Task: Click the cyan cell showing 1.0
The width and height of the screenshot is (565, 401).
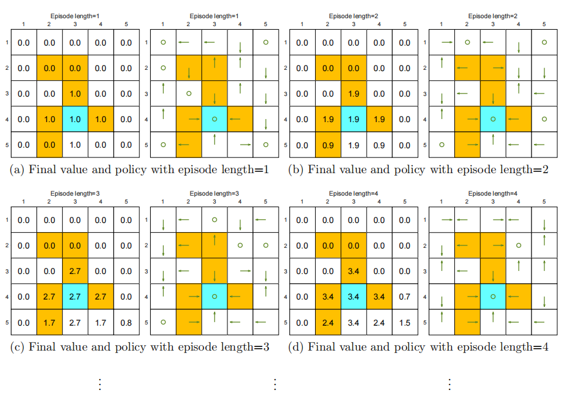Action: pyautogui.click(x=75, y=120)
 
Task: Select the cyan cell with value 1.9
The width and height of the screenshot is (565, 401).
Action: pyautogui.click(x=353, y=120)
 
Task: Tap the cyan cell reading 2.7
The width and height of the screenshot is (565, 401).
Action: pyautogui.click(x=75, y=297)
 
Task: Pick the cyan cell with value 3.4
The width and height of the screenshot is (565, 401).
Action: pyautogui.click(x=353, y=297)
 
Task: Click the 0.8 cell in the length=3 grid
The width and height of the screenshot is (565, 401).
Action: pyautogui.click(x=126, y=323)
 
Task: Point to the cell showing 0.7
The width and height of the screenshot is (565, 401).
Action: pyautogui.click(x=404, y=297)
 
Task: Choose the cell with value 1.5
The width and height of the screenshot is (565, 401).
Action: pyautogui.click(x=404, y=323)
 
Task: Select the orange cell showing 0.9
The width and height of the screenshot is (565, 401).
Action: pyautogui.click(x=328, y=145)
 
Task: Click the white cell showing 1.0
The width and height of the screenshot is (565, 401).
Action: pyautogui.click(x=75, y=145)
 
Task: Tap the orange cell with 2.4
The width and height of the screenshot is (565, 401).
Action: pyautogui.click(x=328, y=323)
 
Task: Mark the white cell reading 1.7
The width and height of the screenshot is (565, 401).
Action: pyautogui.click(x=100, y=323)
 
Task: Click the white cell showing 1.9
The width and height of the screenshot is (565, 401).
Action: pyautogui.click(x=353, y=145)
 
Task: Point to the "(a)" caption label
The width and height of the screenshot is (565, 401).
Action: pyautogui.click(x=17, y=170)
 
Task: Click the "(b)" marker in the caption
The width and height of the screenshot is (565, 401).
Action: pyautogui.click(x=296, y=170)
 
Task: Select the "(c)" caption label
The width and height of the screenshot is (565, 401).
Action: pyautogui.click(x=17, y=347)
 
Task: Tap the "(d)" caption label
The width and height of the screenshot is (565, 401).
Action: pyautogui.click(x=296, y=347)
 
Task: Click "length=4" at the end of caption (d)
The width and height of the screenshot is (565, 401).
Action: pyautogui.click(x=527, y=347)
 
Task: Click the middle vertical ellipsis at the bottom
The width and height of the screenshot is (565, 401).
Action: pyautogui.click(x=275, y=384)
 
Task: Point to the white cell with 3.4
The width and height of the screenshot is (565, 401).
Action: pyautogui.click(x=353, y=323)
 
